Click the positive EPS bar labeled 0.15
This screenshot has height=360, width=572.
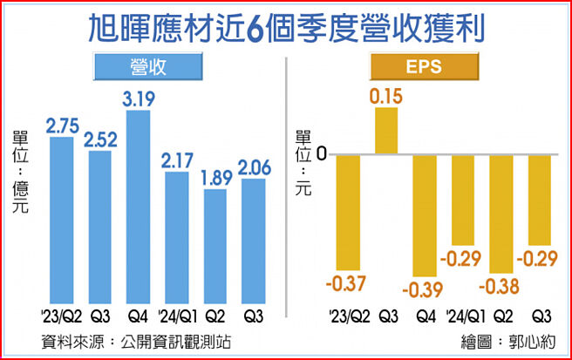click(x=386, y=132)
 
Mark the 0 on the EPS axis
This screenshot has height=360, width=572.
click(x=322, y=155)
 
